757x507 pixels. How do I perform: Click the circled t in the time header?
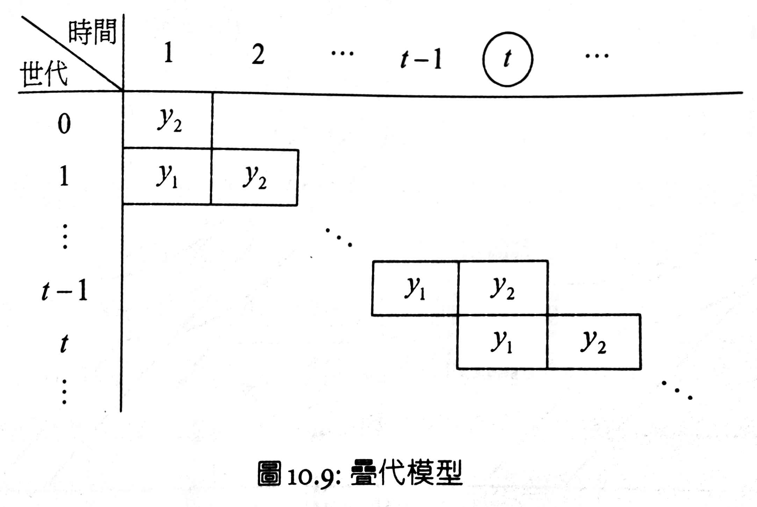point(507,59)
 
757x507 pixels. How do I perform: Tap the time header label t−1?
point(421,59)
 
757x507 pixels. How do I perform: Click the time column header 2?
point(258,55)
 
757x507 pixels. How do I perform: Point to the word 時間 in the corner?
point(92,32)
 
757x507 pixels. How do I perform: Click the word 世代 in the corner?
point(44,73)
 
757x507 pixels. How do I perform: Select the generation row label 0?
point(64,124)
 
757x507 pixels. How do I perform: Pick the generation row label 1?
point(64,176)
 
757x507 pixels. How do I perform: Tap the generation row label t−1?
point(65,291)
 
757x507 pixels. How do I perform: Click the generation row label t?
point(64,344)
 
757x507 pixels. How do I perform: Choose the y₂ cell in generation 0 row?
point(168,120)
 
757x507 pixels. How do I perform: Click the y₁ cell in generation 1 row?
point(167,176)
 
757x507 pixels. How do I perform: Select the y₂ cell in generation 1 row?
point(254,177)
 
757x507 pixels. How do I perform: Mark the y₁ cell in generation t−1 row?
point(415,288)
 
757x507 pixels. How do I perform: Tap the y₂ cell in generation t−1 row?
point(503,288)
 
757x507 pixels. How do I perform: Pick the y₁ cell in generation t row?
point(502,342)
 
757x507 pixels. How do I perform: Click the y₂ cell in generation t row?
point(593,342)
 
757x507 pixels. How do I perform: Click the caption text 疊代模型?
point(406,473)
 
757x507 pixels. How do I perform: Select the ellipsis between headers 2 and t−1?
point(343,54)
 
